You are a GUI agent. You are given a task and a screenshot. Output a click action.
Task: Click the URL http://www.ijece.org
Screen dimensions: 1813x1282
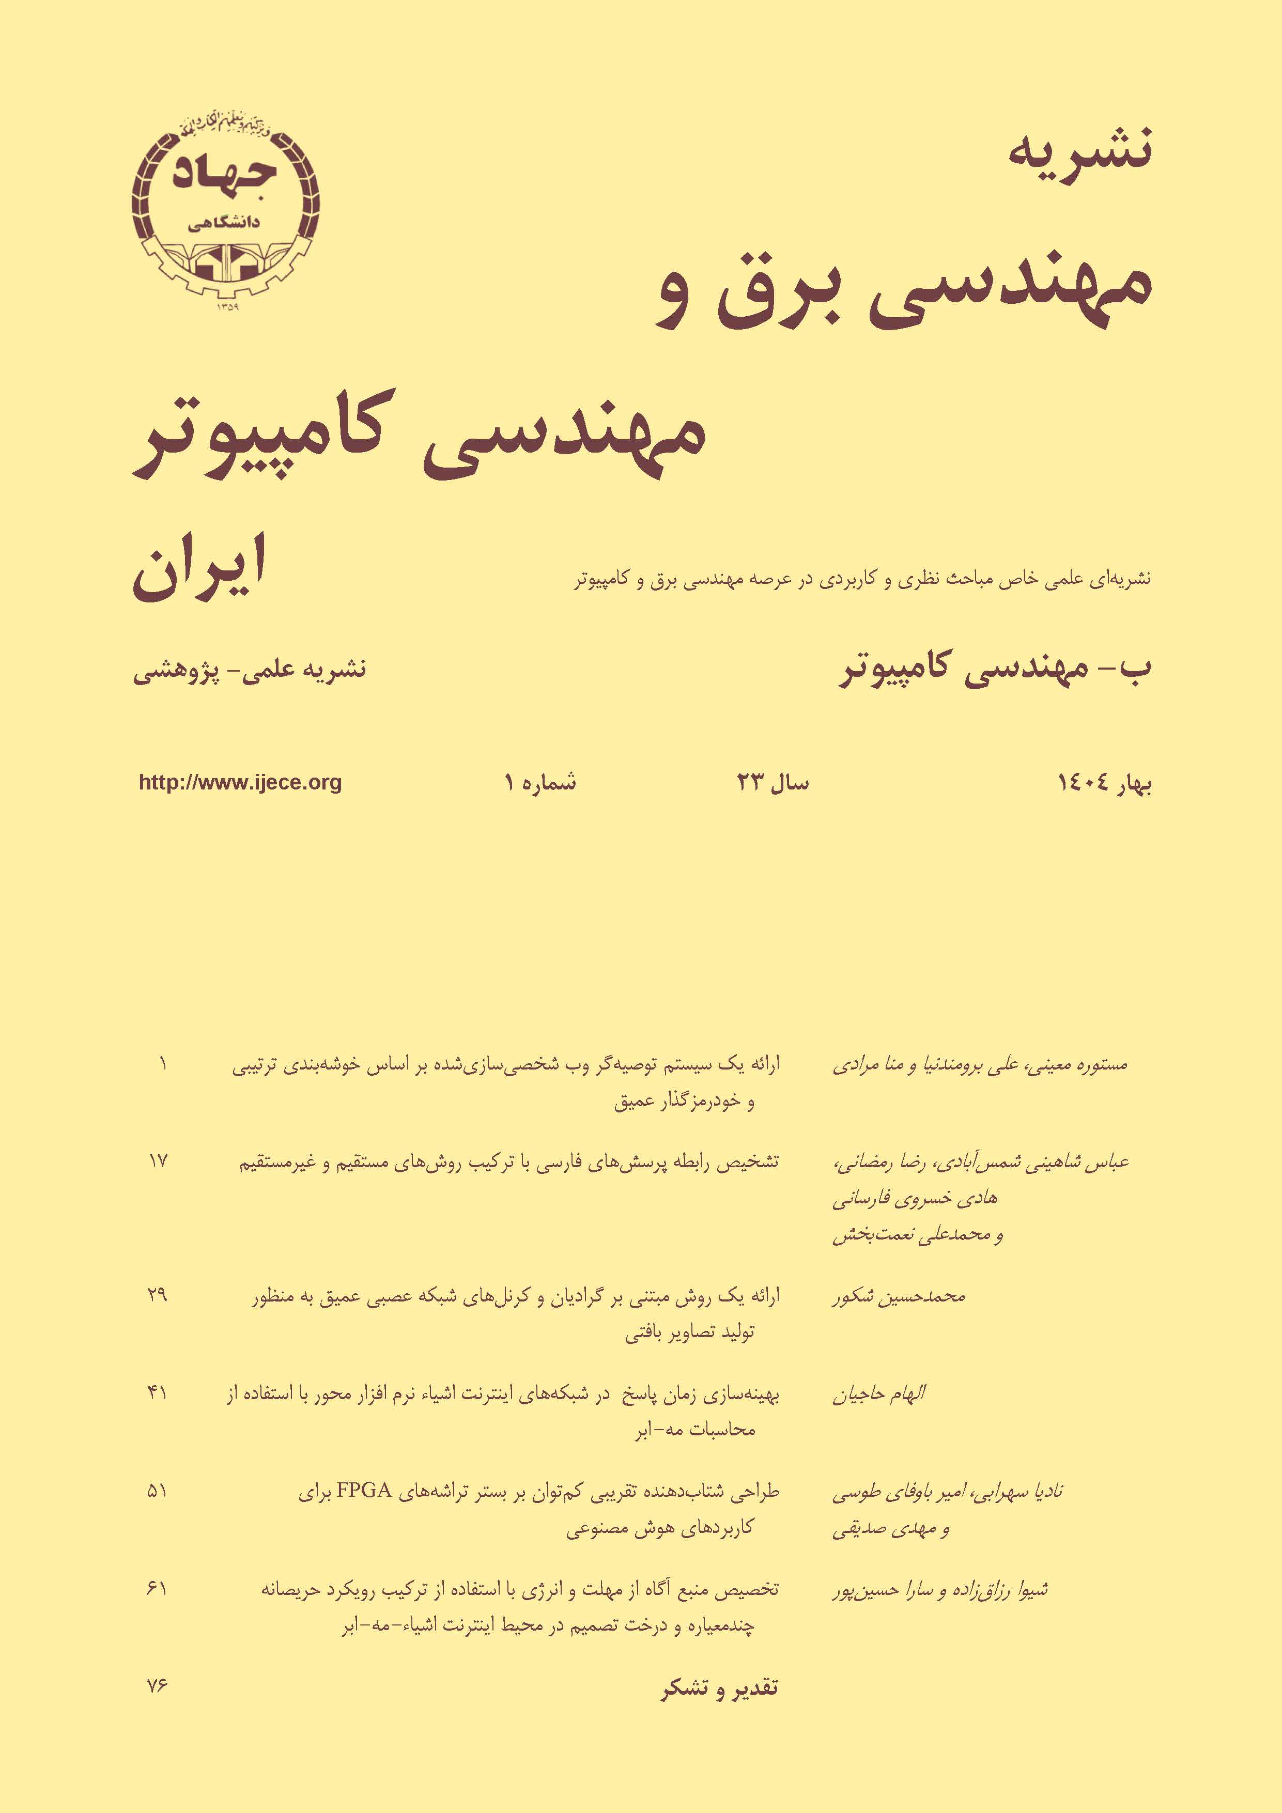(x=240, y=783)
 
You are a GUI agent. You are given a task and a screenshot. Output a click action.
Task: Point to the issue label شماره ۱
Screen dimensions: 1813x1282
(x=540, y=783)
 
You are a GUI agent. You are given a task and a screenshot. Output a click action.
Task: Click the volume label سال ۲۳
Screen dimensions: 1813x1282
(x=773, y=783)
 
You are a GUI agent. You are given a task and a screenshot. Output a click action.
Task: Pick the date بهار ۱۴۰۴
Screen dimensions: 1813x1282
(x=1104, y=783)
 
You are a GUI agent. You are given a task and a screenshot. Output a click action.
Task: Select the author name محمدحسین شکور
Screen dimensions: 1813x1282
(x=898, y=1296)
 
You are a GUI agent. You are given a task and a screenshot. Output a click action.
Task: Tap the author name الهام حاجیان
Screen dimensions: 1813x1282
(x=878, y=1393)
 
